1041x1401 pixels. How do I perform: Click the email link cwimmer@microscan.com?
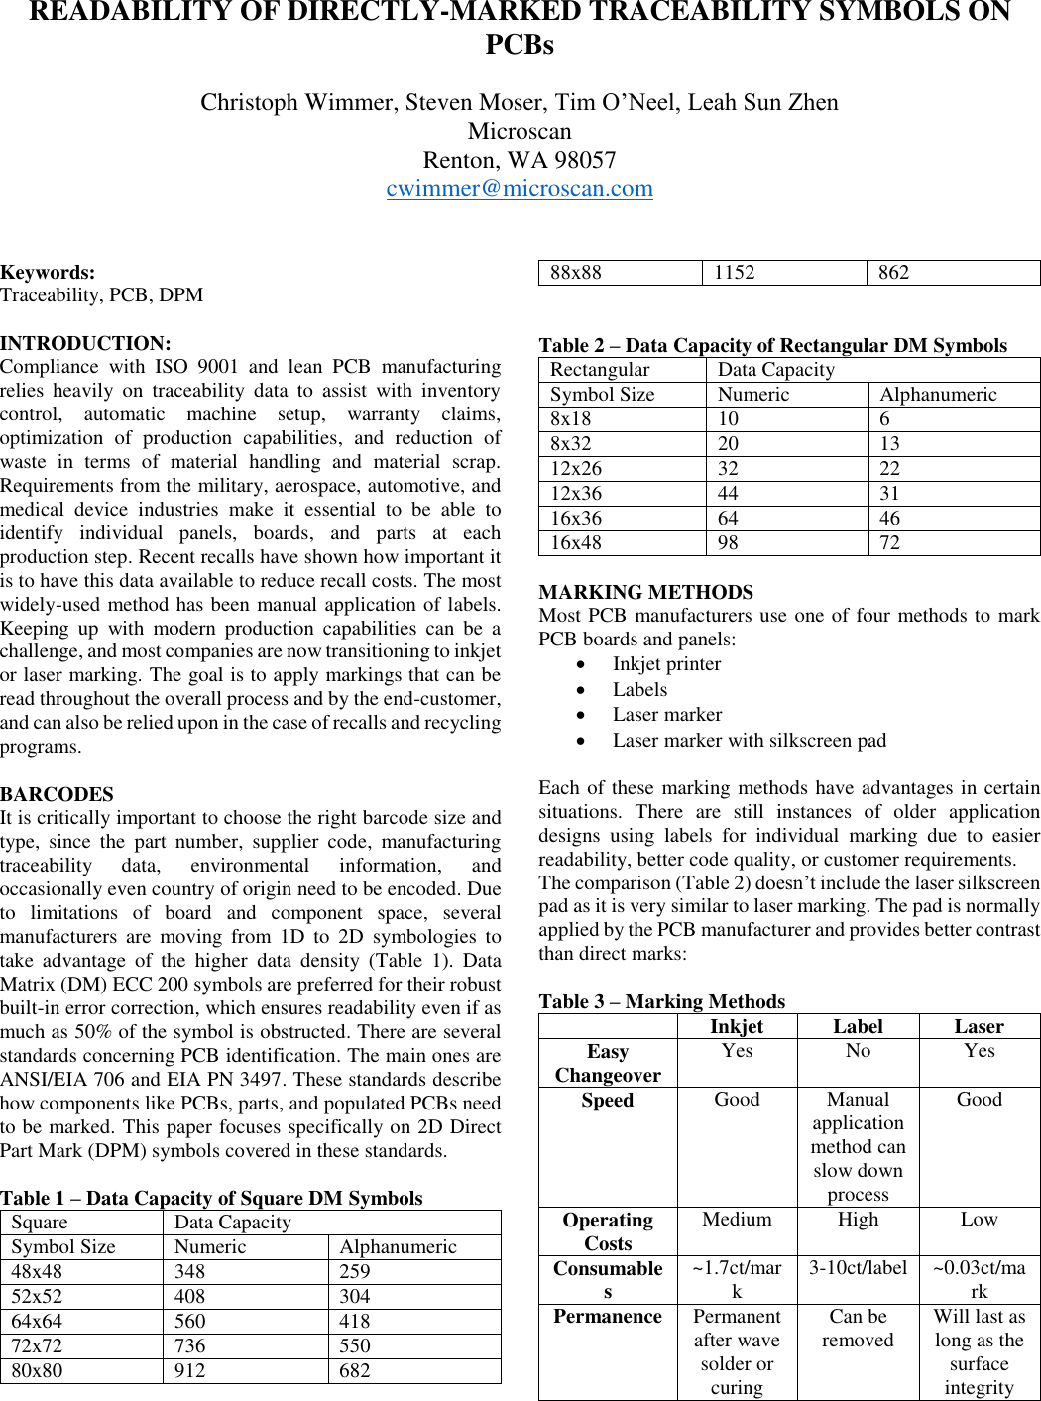tap(520, 188)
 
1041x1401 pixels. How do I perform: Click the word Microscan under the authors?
tap(520, 131)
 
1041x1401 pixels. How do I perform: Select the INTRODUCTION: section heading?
tap(85, 343)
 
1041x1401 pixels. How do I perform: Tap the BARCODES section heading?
tap(57, 794)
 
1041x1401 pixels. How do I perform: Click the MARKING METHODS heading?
tap(645, 592)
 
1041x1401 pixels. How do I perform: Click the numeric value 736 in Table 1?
tap(189, 1345)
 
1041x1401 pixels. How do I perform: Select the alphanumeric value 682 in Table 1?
tap(354, 1370)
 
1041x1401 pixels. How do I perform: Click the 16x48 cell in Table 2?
tap(576, 542)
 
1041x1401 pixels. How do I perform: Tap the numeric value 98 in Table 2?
tap(728, 542)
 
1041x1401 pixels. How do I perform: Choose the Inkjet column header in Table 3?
tap(737, 1026)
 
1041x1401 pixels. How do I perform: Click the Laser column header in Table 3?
tap(979, 1026)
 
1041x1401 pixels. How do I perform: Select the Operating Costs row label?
tap(608, 1231)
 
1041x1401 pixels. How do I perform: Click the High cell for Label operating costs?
tap(858, 1220)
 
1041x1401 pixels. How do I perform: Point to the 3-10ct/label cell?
tap(858, 1268)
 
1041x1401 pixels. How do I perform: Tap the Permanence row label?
tap(608, 1317)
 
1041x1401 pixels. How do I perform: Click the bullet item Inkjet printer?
tap(666, 664)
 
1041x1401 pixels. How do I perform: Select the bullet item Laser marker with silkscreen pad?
tap(749, 740)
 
